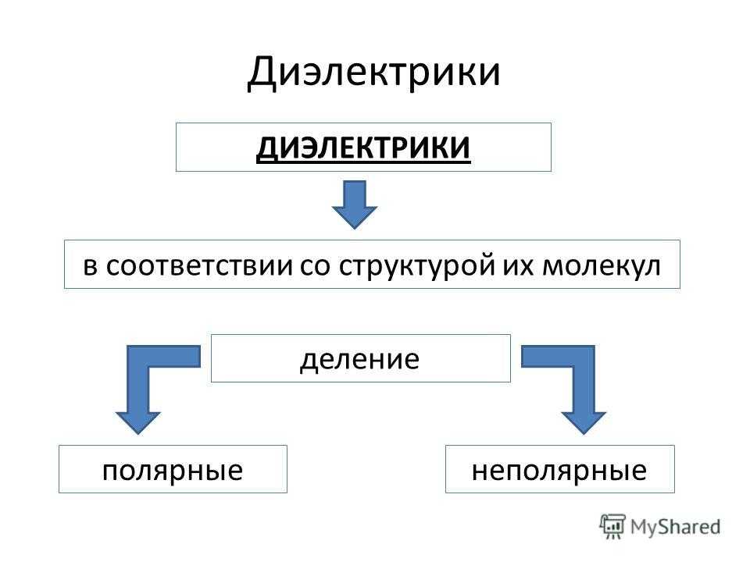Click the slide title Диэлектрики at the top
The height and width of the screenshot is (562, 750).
pos(373,72)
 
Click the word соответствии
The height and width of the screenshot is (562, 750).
pos(197,265)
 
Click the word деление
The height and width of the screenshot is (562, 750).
pos(360,359)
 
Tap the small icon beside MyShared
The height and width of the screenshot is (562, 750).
pos(613,525)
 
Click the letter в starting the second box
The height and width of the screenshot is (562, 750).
pos(90,265)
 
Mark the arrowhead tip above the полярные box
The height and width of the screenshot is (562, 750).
pos(139,432)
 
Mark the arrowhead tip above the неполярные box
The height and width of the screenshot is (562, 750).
pos(584,432)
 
